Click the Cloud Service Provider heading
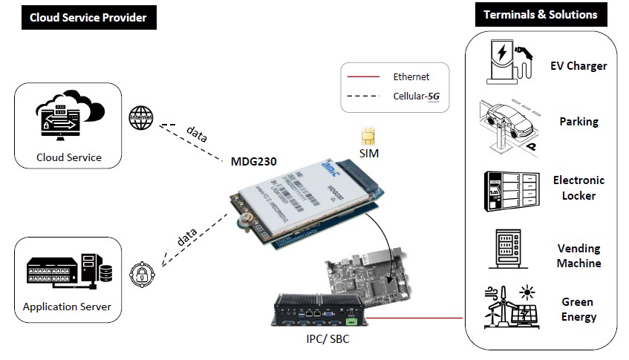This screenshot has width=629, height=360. [88, 18]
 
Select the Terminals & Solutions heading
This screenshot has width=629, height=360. [540, 15]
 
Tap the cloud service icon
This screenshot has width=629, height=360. [68, 120]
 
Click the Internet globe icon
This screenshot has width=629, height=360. [141, 117]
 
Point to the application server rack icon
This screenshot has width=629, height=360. [68, 274]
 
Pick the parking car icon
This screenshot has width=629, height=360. [509, 122]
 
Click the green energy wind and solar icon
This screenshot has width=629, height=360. [510, 309]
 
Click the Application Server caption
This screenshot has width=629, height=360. [68, 307]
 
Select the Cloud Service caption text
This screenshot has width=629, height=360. [69, 157]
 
